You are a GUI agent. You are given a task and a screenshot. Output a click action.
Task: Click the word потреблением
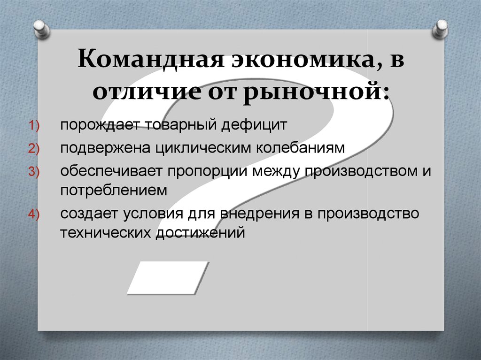click(113, 190)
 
